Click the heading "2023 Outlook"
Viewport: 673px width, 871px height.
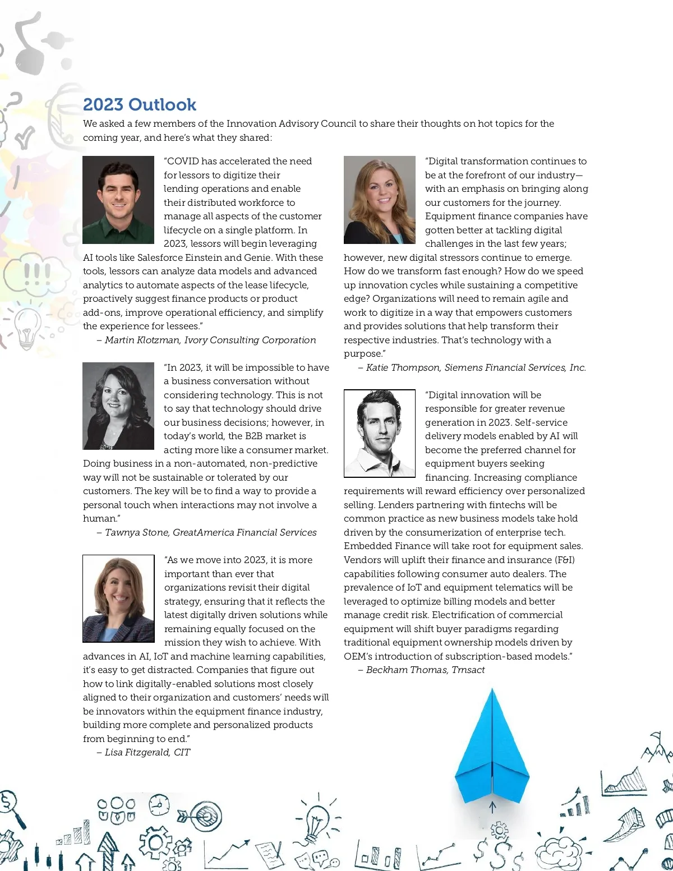point(140,105)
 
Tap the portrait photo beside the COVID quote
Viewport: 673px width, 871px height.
point(118,200)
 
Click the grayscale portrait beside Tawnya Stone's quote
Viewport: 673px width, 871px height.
point(118,406)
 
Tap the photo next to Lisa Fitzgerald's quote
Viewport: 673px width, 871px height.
point(118,598)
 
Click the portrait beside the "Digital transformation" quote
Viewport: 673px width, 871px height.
point(380,200)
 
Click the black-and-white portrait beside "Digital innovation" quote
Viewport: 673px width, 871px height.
point(380,434)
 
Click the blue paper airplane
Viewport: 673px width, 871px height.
point(492,746)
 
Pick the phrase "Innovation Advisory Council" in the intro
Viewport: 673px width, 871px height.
point(292,123)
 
